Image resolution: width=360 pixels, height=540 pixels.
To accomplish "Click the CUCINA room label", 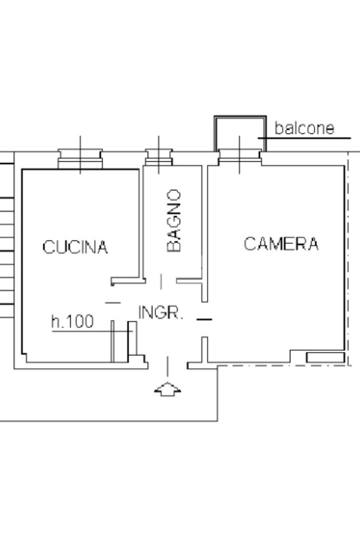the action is (x=75, y=247).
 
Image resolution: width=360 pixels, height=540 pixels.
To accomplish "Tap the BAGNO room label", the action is (x=173, y=220).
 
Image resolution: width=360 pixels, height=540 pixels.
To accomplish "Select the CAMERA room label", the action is (x=281, y=244).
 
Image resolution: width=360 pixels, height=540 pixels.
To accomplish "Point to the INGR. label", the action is (x=160, y=312).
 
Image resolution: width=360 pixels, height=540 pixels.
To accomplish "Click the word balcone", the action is (x=304, y=128).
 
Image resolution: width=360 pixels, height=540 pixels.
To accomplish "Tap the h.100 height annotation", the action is (x=72, y=321).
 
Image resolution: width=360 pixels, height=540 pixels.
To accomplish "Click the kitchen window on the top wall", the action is (x=80, y=159).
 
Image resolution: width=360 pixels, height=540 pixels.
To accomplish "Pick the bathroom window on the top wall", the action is (x=159, y=157).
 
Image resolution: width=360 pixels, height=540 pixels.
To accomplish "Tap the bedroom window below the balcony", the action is (x=240, y=157).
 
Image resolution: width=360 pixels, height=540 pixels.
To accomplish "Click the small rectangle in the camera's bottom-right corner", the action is (x=325, y=358).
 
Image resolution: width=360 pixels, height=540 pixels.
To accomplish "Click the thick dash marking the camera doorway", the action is (x=204, y=320).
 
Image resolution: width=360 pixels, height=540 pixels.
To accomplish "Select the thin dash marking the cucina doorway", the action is (x=113, y=303).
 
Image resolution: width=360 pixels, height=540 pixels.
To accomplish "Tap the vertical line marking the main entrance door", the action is (x=168, y=366).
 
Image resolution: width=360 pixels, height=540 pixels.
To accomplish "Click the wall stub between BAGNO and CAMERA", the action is (x=205, y=234).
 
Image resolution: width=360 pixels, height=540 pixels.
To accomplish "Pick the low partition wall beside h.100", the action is (x=112, y=341).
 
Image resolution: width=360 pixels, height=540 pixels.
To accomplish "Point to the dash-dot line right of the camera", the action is (x=348, y=259).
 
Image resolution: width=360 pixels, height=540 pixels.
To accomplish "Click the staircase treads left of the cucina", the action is (x=7, y=241).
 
